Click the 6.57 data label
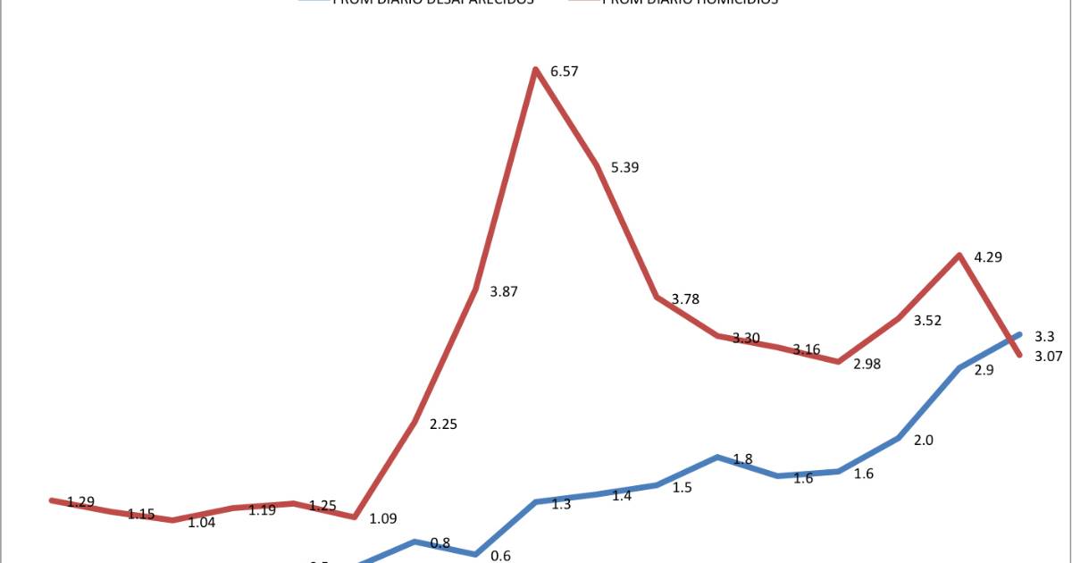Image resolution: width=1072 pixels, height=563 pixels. point(565,71)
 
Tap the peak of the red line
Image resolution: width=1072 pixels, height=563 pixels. point(535,69)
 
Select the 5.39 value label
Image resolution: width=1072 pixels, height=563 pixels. point(624,168)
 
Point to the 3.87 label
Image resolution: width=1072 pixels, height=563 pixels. point(504,291)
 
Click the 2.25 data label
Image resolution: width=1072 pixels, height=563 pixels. point(443,424)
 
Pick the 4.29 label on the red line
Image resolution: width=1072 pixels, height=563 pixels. point(988,257)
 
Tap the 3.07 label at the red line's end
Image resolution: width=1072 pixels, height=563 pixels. point(1050,357)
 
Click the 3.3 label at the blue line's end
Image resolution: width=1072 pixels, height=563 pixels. point(1044,337)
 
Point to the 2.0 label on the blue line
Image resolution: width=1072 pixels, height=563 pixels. point(924,440)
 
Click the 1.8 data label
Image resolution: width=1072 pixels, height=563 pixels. point(742,459)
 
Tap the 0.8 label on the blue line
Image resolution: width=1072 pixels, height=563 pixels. point(440,542)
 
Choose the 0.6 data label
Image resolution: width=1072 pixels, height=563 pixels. point(500,556)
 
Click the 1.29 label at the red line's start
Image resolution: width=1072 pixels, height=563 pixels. point(81,502)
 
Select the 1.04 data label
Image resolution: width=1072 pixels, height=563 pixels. point(201,523)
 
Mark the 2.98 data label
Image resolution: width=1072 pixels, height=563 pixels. point(867,365)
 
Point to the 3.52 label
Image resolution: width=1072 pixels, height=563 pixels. point(928,320)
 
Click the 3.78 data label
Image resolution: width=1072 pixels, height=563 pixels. point(685,299)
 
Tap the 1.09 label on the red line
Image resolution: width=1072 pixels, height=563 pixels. point(383,518)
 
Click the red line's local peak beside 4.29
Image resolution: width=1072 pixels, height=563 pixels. point(959,256)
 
